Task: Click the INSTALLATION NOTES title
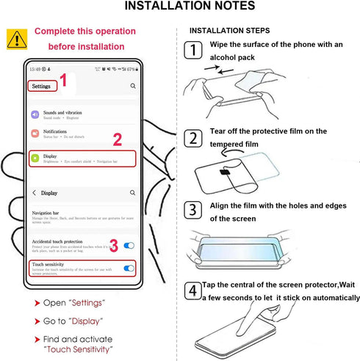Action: point(190,7)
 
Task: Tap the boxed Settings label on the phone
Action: point(41,86)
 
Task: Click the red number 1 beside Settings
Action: point(64,81)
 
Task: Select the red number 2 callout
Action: point(117,139)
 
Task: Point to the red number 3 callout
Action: point(113,244)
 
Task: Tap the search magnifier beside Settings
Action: point(133,86)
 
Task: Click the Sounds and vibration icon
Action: point(35,114)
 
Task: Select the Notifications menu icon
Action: point(35,134)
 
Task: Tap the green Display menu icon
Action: point(35,158)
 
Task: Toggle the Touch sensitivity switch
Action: point(129,269)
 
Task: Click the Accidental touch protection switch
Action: point(129,245)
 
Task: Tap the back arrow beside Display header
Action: point(34,193)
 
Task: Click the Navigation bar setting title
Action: point(46,212)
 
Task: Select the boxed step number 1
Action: point(192,51)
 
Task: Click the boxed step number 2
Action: point(192,137)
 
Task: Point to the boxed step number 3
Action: point(192,211)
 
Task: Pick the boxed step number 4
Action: point(192,291)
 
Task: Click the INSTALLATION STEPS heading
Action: point(229,31)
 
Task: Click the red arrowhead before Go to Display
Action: point(36,321)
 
